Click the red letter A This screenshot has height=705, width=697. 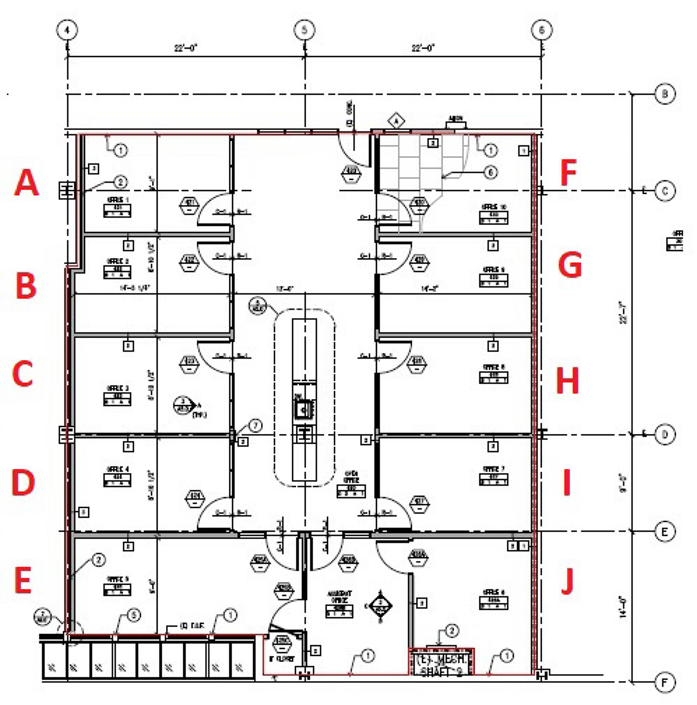tap(26, 183)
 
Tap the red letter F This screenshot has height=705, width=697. tap(569, 172)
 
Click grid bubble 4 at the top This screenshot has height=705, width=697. tap(67, 30)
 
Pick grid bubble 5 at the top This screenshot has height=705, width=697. tap(304, 30)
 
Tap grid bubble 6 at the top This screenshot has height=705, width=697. tap(541, 30)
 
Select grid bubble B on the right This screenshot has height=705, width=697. tap(665, 94)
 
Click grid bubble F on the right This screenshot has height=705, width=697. tap(665, 682)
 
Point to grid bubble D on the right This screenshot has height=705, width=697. tap(665, 434)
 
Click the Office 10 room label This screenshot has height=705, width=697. tap(493, 214)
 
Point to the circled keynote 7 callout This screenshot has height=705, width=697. tap(255, 425)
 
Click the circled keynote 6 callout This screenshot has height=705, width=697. tap(491, 172)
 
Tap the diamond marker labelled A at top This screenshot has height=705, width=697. tap(396, 121)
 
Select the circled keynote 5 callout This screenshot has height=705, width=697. tap(134, 615)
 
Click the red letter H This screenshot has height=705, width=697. tap(567, 381)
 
